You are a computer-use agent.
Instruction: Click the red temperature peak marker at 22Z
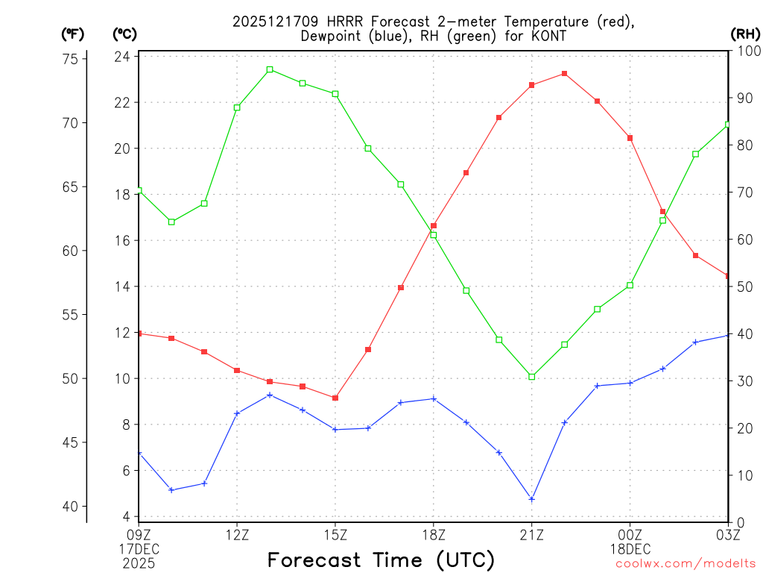coord(565,74)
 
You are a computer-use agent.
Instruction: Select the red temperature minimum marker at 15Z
coord(335,398)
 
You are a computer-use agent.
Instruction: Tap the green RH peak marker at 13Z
coord(270,69)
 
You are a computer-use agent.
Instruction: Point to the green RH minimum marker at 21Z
coord(532,377)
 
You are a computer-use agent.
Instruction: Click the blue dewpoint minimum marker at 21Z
coord(532,499)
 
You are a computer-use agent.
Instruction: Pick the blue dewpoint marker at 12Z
coord(237,413)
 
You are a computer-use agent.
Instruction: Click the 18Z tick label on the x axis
coord(434,534)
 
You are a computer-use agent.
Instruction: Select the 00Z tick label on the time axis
coord(630,534)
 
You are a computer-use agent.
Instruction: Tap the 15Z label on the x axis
coord(335,534)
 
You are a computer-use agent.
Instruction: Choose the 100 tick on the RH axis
coord(746,51)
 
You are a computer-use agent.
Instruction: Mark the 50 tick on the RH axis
coord(743,287)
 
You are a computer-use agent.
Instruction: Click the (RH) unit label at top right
coord(745,34)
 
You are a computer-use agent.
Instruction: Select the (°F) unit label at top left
coord(72,34)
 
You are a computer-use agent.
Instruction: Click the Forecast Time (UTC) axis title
coord(381,560)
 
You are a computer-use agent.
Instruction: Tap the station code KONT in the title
coord(549,36)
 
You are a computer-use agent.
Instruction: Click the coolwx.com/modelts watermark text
coord(686,563)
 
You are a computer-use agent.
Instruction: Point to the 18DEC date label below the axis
coord(630,548)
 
